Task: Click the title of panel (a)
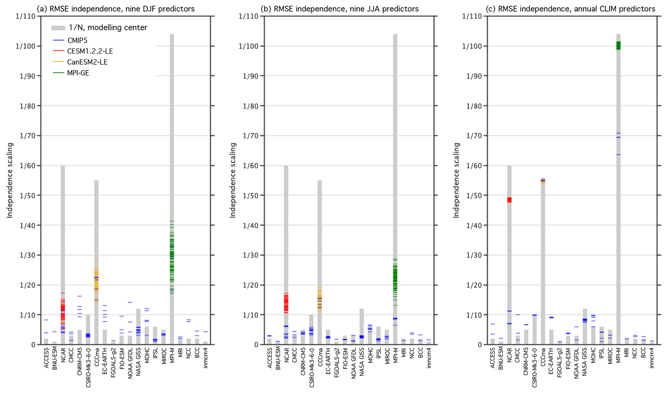pyautogui.click(x=116, y=9)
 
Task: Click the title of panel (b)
pyautogui.click(x=339, y=9)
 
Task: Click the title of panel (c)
pyautogui.click(x=570, y=9)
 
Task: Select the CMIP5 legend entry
pyautogui.click(x=77, y=41)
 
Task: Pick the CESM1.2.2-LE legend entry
pyautogui.click(x=90, y=51)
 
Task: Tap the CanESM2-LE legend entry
pyautogui.click(x=87, y=62)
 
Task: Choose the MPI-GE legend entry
pyautogui.click(x=78, y=73)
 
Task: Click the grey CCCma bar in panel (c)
pyautogui.click(x=543, y=259)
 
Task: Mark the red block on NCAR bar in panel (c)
pyautogui.click(x=509, y=200)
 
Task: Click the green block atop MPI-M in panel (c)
pyautogui.click(x=618, y=45)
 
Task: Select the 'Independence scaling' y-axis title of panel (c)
pyautogui.click(x=456, y=180)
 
